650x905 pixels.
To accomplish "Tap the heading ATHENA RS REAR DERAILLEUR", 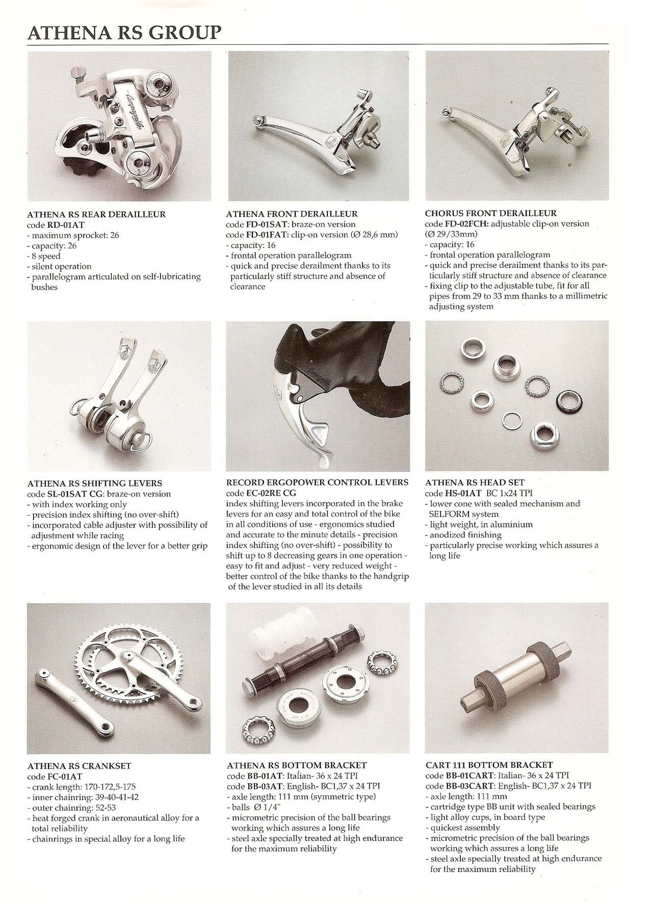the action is click(x=96, y=215).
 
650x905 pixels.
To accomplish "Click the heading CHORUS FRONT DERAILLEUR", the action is click(x=491, y=213).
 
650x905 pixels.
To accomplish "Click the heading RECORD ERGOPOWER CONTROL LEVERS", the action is click(x=317, y=482).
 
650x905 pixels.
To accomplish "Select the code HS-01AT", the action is click(x=462, y=493).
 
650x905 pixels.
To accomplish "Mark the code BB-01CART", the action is click(x=466, y=775).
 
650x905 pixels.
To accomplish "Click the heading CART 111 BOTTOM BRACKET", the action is click(x=489, y=765).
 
